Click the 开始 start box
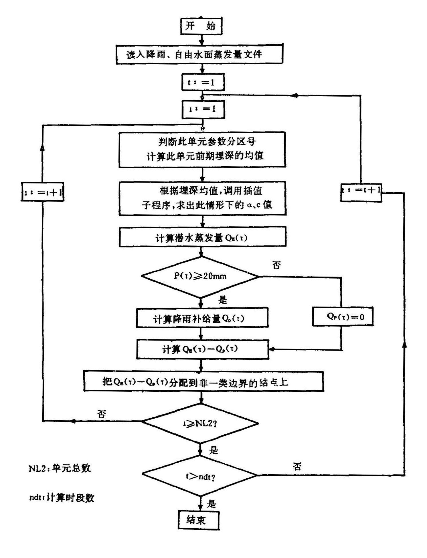pyautogui.click(x=201, y=26)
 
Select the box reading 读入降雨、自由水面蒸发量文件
pyautogui.click(x=199, y=54)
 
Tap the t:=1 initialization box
pyautogui.click(x=203, y=83)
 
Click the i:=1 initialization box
pyautogui.click(x=203, y=109)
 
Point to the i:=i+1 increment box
pyautogui.click(x=42, y=192)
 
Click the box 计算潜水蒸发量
pyautogui.click(x=202, y=237)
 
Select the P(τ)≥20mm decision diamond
pyautogui.click(x=200, y=276)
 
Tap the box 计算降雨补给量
pyautogui.click(x=202, y=318)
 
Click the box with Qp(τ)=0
pyautogui.click(x=343, y=316)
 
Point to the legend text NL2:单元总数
pyautogui.click(x=60, y=468)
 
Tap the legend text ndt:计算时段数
pyautogui.click(x=61, y=498)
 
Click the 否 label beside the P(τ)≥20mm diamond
pyautogui.click(x=276, y=265)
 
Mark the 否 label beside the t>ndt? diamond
pyautogui.click(x=297, y=467)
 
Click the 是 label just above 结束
pyautogui.click(x=211, y=503)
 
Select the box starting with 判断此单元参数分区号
pyautogui.click(x=202, y=149)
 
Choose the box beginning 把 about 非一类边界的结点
pyautogui.click(x=203, y=381)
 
